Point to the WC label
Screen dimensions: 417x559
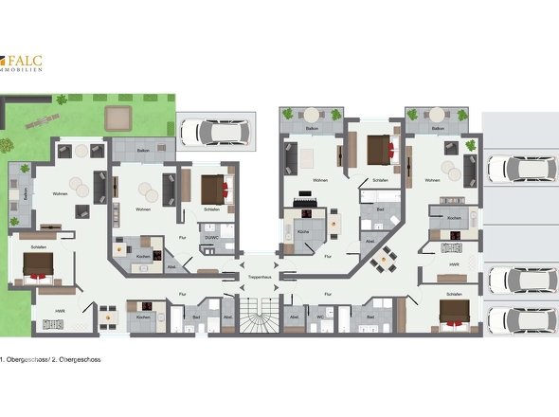(x=321, y=317)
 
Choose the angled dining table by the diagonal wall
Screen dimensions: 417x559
(x=385, y=258)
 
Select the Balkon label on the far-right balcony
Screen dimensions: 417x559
(x=436, y=127)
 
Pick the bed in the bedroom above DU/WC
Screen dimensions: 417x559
(x=212, y=185)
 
